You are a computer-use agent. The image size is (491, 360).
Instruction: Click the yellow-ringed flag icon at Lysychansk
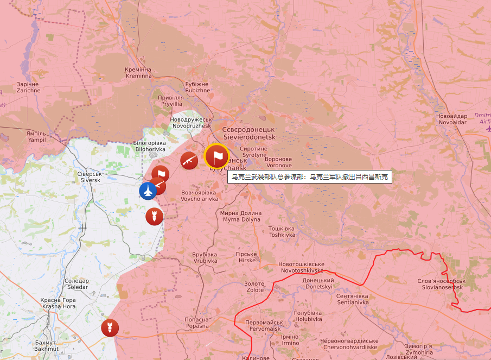(217, 156)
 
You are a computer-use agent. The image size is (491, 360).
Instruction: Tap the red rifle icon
(189, 160)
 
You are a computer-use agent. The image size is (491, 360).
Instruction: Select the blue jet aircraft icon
(148, 191)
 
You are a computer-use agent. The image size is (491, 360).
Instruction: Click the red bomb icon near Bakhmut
(110, 327)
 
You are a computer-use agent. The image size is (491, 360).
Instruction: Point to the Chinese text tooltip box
(309, 177)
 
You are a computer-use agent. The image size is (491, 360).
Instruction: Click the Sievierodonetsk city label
(249, 134)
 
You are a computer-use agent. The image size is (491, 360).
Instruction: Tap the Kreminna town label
(138, 73)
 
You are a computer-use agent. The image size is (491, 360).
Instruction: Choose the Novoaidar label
(451, 119)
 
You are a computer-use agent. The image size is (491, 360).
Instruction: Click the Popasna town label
(196, 323)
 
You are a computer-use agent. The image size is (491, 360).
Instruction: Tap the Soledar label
(76, 283)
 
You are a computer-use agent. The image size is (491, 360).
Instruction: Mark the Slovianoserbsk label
(441, 283)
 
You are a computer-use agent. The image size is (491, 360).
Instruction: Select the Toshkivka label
(282, 232)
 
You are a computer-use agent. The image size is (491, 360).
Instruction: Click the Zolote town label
(254, 287)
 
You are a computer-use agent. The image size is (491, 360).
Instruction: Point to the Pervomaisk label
(263, 325)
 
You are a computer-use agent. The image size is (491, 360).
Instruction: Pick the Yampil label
(36, 136)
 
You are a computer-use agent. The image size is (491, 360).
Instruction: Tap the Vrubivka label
(205, 257)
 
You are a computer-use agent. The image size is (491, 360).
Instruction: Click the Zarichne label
(28, 87)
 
